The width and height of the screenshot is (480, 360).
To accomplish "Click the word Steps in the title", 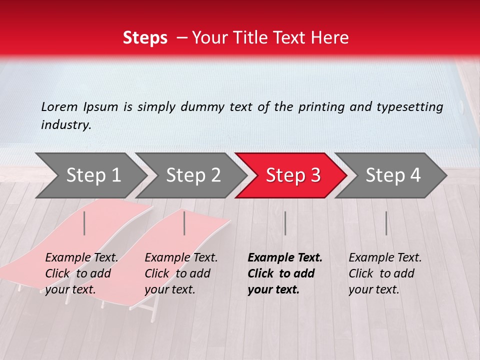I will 145,38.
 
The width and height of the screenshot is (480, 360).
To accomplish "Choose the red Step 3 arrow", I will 293,175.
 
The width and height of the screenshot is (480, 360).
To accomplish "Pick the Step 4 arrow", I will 393,175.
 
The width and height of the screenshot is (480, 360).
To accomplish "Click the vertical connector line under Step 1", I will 84,223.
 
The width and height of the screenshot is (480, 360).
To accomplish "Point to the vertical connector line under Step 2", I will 184,223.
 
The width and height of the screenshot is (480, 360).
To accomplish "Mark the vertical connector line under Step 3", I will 285,223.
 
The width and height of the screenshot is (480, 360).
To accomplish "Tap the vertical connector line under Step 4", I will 386,223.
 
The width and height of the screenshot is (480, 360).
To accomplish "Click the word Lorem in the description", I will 59,107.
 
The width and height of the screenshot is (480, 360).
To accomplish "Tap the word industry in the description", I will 65,125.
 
